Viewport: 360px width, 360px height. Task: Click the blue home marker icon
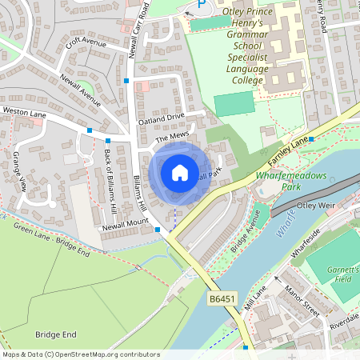tap(179, 172)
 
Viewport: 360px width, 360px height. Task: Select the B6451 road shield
tap(222, 299)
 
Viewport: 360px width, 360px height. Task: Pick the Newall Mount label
tap(125, 225)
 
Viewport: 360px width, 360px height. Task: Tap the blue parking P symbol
tap(201, 5)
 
